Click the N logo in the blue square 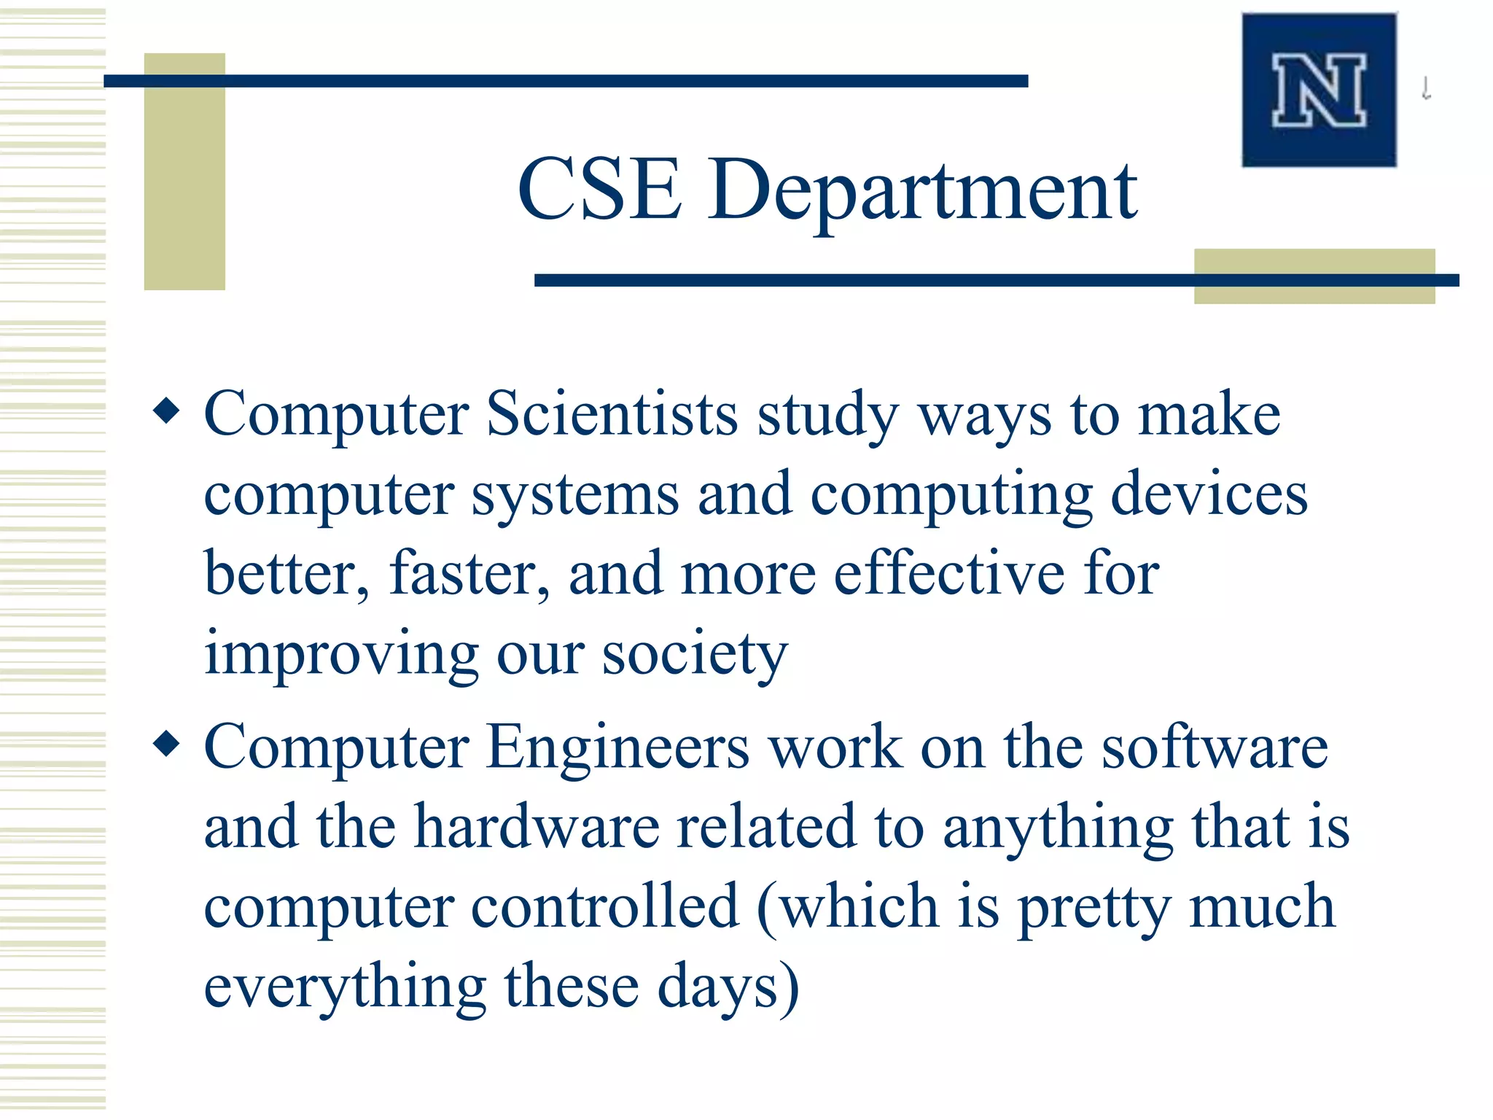(1319, 90)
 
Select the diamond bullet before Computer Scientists (167, 411)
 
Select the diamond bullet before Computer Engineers (167, 744)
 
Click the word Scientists (612, 413)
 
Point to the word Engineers (617, 747)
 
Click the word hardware (537, 828)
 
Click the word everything (345, 988)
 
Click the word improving (341, 654)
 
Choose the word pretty (1094, 908)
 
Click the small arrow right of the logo (1427, 89)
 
